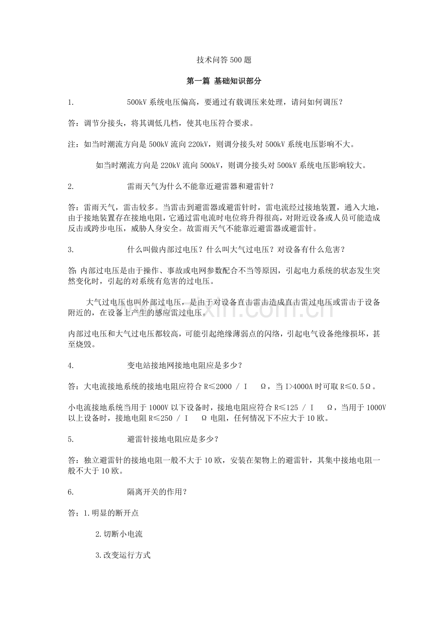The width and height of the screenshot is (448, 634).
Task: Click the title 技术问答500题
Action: pyautogui.click(x=224, y=60)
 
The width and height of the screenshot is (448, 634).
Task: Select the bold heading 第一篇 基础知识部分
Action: pyautogui.click(x=224, y=81)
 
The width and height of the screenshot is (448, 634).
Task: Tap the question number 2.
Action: pyautogui.click(x=71, y=186)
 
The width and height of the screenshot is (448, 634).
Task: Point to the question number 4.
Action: pyautogui.click(x=71, y=365)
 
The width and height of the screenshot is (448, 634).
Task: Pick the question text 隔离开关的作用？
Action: pyautogui.click(x=157, y=492)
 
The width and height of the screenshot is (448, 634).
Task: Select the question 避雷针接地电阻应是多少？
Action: pyautogui.click(x=172, y=439)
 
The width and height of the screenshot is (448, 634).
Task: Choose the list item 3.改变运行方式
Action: pyautogui.click(x=123, y=555)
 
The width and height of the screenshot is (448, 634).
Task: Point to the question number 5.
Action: pyautogui.click(x=71, y=439)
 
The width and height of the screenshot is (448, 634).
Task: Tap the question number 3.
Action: pyautogui.click(x=71, y=249)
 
